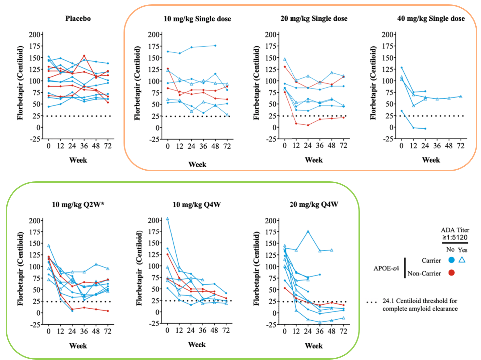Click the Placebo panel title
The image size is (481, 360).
[x=78, y=18]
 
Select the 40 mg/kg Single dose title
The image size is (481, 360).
[x=431, y=18]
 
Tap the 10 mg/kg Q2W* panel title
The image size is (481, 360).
[x=78, y=204]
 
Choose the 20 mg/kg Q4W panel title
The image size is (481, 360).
[x=314, y=204]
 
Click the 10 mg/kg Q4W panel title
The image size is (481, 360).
[x=197, y=204]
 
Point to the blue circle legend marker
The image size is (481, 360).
[x=451, y=260]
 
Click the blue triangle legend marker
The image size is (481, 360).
[x=462, y=259]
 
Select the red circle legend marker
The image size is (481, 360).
[x=451, y=273]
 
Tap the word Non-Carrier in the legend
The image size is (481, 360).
[x=424, y=274]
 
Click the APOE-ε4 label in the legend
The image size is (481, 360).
[x=386, y=268]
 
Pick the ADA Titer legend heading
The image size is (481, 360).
[x=455, y=230]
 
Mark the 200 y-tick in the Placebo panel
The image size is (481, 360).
[x=35, y=34]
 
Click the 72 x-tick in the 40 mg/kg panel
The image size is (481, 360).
[x=461, y=146]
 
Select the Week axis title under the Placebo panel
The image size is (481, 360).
[x=78, y=160]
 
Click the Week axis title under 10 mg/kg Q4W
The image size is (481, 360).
[x=197, y=345]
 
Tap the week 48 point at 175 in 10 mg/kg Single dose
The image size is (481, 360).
[x=215, y=45]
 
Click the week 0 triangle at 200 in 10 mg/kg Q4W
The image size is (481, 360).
[x=167, y=219]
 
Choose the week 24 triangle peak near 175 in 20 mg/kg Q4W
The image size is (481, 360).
[x=308, y=231]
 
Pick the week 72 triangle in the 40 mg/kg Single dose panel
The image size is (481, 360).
[x=461, y=97]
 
